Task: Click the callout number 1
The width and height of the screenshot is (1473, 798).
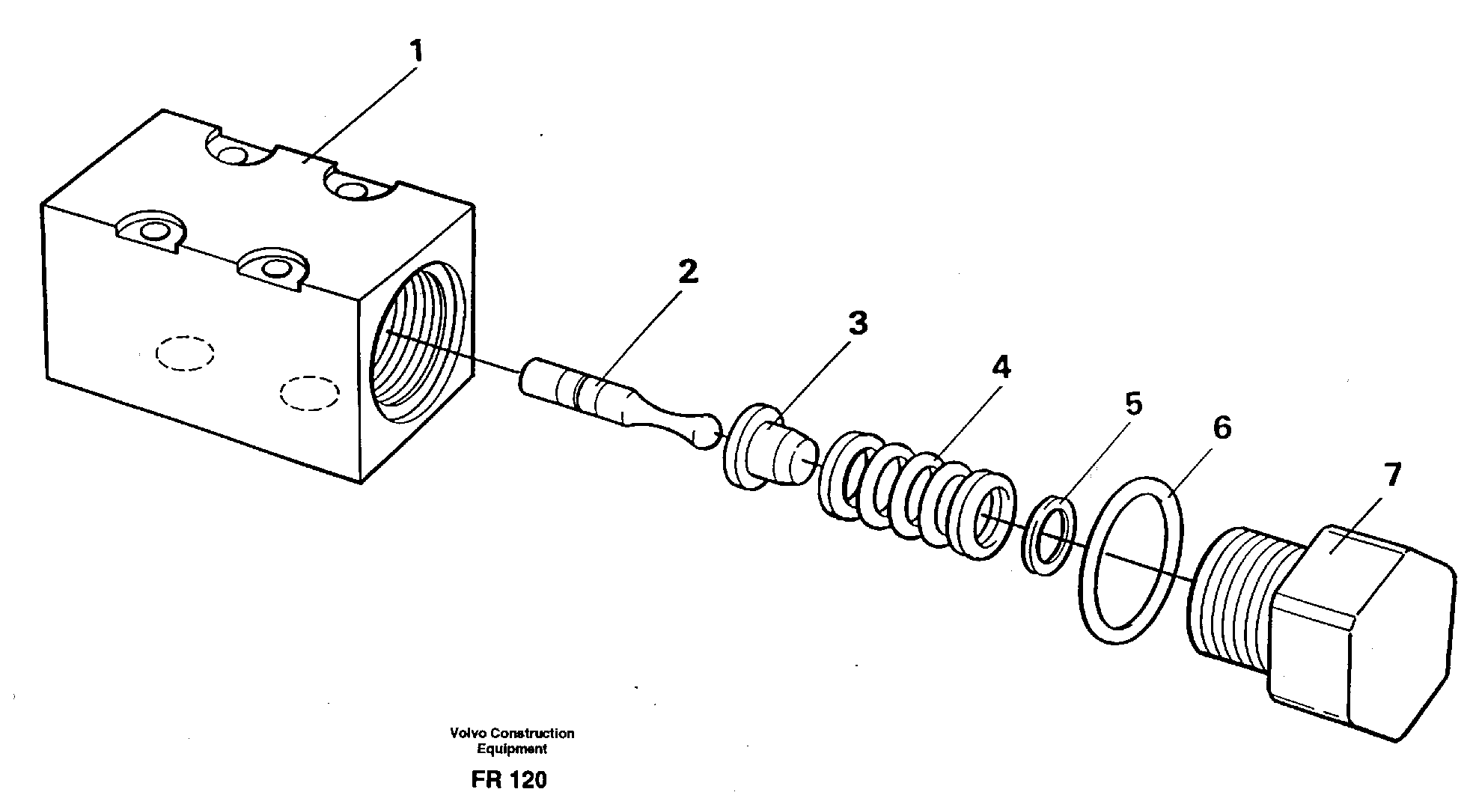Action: click(416, 52)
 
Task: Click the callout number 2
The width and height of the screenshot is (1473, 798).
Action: click(686, 272)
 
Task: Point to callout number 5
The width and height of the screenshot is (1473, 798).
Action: click(1133, 405)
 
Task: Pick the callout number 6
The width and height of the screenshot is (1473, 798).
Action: click(1221, 428)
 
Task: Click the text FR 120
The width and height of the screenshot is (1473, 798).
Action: click(509, 780)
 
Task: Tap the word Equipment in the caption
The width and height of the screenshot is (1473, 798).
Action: click(512, 748)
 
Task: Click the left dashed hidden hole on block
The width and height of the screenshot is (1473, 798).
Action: click(185, 352)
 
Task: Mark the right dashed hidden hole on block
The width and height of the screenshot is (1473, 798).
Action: click(309, 393)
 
